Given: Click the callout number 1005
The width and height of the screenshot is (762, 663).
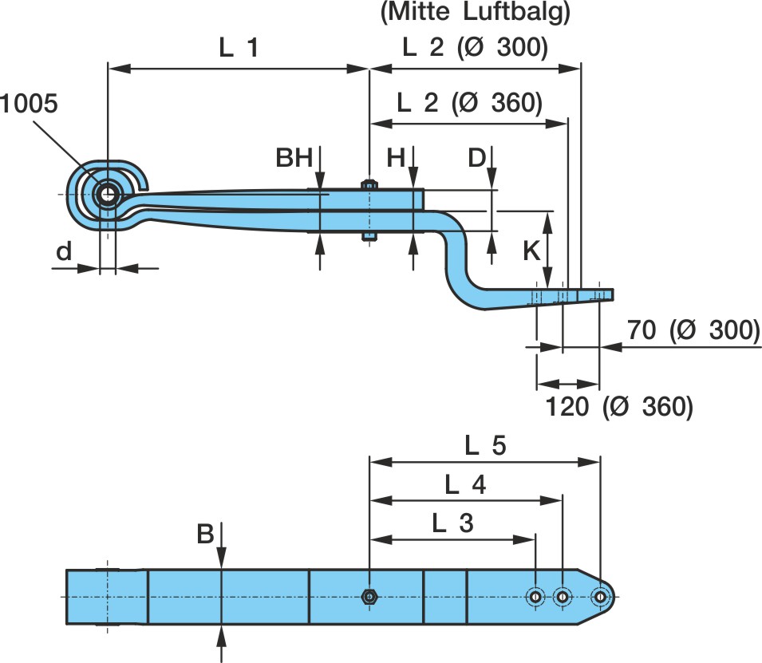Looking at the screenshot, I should point(30,105).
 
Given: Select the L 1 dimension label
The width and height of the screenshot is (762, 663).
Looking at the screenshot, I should point(239,49).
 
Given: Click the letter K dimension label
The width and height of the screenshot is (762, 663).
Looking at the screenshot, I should point(531,251).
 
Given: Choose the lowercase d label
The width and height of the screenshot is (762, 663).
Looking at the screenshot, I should point(64,251).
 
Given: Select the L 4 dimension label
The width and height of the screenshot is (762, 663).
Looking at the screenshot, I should point(465,484).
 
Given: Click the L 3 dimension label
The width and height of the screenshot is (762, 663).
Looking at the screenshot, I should point(452,523).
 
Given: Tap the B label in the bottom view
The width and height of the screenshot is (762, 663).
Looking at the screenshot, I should point(205,534).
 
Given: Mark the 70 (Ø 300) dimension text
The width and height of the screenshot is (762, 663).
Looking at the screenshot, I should point(692,330).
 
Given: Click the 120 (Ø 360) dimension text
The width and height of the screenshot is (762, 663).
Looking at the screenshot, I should point(619,406).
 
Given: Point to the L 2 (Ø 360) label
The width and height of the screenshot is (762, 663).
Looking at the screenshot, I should point(469,103).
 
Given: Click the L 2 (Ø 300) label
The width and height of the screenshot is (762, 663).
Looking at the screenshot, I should point(475,49).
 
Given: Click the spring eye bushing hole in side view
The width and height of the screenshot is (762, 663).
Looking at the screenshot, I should point(106,193).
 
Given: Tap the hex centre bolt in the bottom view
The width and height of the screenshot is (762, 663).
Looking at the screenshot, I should point(369,596).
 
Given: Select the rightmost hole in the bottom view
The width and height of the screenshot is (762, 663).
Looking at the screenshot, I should point(600,596).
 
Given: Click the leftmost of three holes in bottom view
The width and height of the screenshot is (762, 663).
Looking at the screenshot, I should point(536,596).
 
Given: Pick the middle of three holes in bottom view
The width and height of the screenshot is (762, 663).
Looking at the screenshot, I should point(563,596).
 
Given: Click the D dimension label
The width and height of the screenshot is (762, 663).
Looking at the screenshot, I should point(476,159).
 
